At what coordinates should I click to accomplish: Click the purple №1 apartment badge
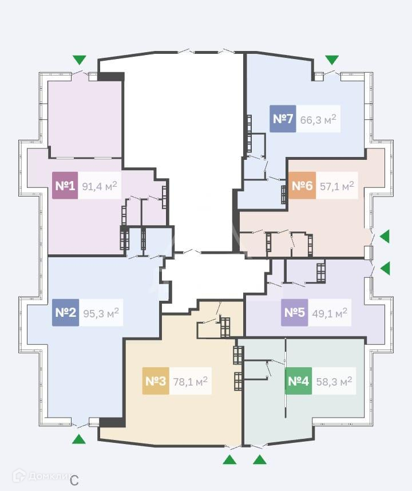[65, 186]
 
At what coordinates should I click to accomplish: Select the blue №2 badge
[65, 313]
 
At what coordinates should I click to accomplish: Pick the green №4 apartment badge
[298, 381]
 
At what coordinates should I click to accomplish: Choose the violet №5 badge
[294, 313]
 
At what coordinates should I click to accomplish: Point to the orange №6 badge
[302, 186]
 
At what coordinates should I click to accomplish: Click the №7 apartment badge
[283, 119]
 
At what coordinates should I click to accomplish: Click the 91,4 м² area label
[100, 186]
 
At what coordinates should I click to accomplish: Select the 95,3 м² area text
[101, 313]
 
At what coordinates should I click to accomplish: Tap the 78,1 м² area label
[190, 381]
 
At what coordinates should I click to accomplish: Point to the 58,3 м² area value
[334, 381]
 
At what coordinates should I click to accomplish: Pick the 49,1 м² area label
[329, 313]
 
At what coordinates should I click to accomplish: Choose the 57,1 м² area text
[336, 186]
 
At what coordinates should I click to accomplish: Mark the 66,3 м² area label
[318, 119]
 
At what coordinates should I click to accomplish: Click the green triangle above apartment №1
[79, 60]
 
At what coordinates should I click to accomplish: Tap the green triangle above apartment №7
[332, 60]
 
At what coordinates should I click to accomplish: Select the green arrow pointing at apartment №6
[385, 235]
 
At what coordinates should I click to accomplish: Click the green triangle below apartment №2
[79, 439]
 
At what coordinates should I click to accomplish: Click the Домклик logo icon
[19, 475]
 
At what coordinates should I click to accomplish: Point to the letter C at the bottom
[74, 480]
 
